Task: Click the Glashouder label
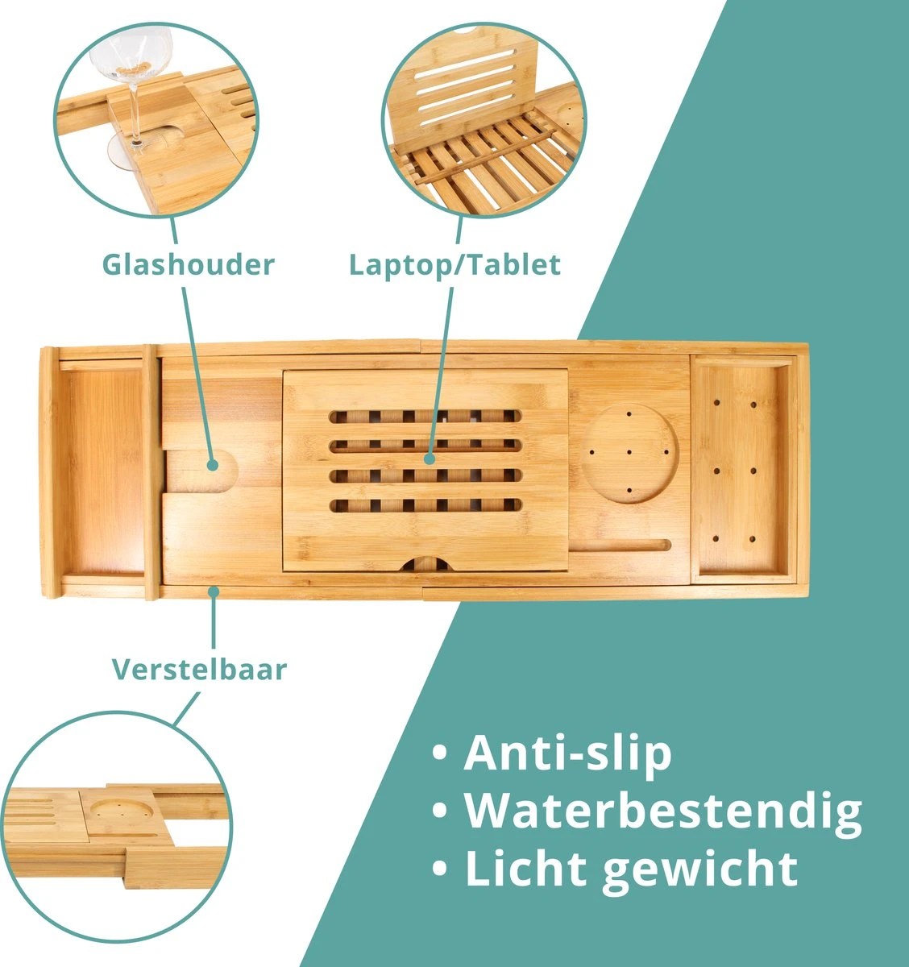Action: (188, 264)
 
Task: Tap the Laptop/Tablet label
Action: (454, 264)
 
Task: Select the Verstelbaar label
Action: (199, 669)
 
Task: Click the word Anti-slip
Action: (567, 753)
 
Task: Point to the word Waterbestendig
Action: (662, 811)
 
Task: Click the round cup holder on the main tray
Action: (629, 454)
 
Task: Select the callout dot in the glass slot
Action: (213, 465)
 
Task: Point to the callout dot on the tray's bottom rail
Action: (214, 592)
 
